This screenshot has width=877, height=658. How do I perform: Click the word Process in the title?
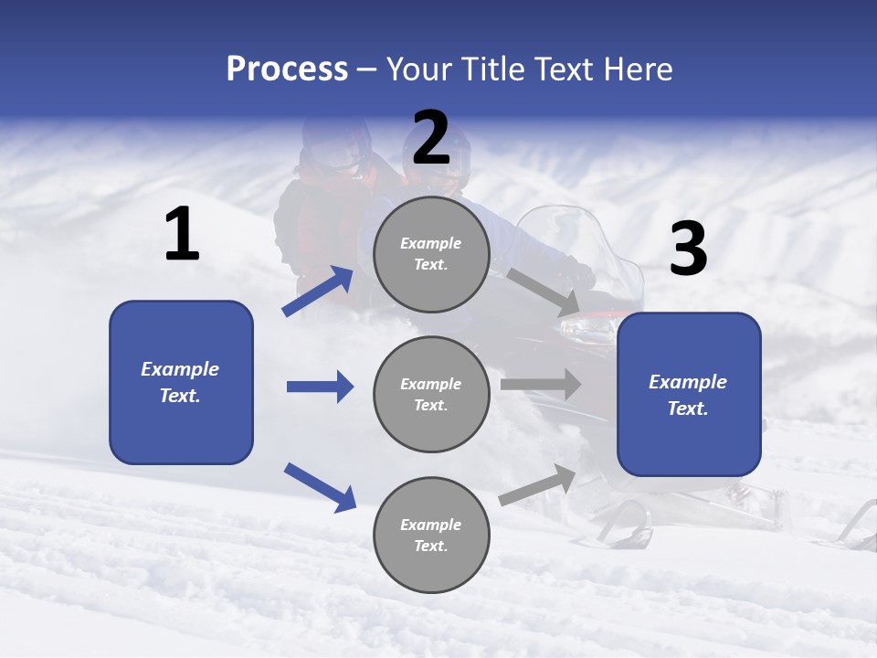287,69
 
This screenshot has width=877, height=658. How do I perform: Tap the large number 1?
182,235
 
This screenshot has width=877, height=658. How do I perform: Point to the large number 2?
431,138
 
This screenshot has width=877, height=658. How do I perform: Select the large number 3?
688,250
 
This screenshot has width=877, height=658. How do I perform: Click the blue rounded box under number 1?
181,382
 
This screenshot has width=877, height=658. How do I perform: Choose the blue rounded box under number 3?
689,394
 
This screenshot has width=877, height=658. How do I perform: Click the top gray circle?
431,253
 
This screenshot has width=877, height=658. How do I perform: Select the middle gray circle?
431,394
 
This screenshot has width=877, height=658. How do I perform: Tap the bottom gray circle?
431,535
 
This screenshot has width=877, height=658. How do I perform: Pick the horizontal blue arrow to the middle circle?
320,387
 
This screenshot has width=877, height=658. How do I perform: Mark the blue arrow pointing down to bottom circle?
320,487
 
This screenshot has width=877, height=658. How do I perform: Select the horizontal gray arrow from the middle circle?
540,384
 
